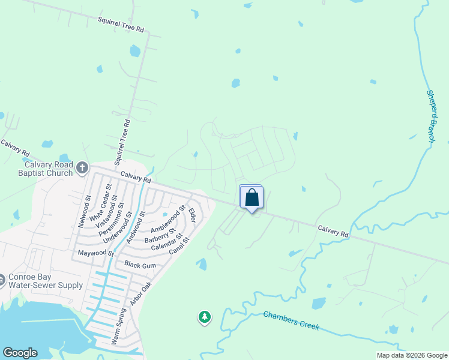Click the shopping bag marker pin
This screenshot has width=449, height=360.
click(x=252, y=197)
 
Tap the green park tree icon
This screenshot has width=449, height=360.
click(x=205, y=316)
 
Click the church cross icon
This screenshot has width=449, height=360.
click(x=82, y=166)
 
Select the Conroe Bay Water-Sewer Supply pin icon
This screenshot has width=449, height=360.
click(x=3, y=278)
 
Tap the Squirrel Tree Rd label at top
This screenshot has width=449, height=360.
click(x=121, y=25)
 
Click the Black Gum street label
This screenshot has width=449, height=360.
click(x=140, y=265)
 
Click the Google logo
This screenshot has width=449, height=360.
click(x=20, y=353)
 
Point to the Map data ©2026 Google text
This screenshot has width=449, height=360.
click(x=412, y=355)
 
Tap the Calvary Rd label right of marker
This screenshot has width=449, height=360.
click(x=333, y=230)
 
